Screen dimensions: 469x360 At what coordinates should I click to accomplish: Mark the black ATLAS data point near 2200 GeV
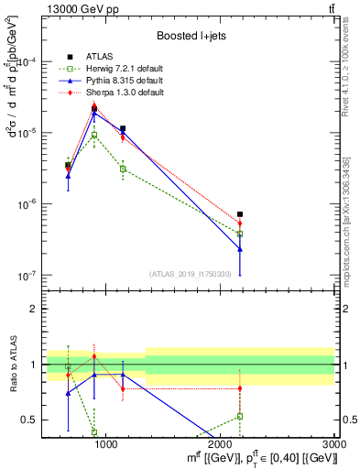[x=240, y=214]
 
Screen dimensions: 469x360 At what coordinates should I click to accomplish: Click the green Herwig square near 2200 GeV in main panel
[x=240, y=234]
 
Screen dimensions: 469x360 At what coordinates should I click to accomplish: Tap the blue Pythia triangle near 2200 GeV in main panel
[x=240, y=248]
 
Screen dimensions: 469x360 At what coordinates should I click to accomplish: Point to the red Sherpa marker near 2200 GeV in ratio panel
[x=240, y=388]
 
